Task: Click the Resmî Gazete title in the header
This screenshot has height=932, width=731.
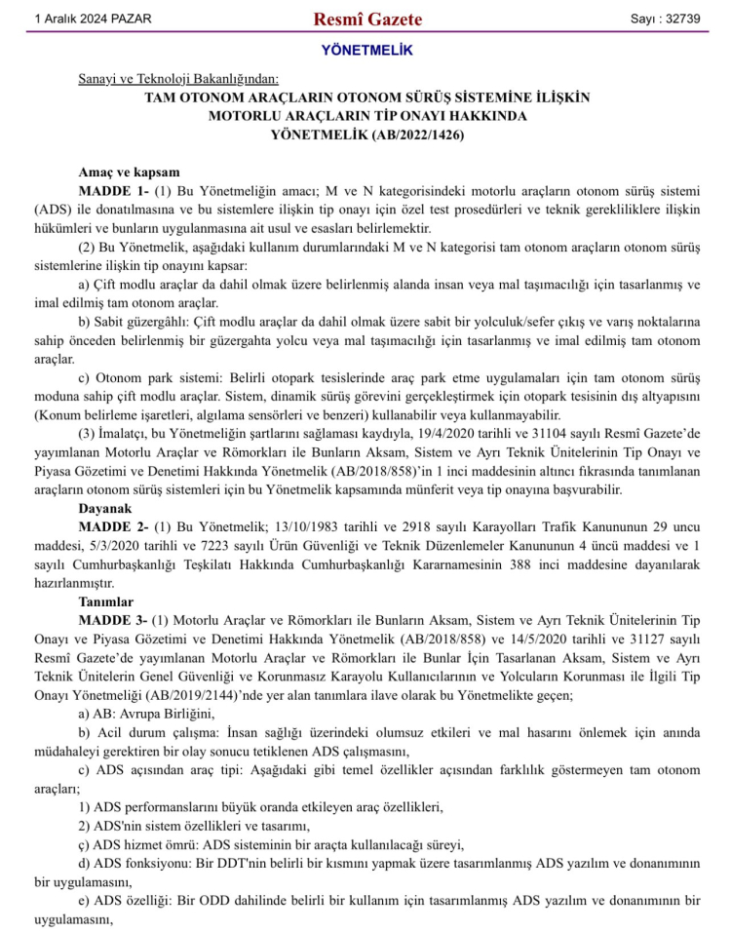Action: [x=366, y=19]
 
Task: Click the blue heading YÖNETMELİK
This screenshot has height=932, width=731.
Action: [x=366, y=51]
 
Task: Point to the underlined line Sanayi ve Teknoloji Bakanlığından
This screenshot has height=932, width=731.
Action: [x=178, y=78]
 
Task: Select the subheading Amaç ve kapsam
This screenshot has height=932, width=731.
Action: [x=129, y=172]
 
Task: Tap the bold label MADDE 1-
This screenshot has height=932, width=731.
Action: [x=113, y=190]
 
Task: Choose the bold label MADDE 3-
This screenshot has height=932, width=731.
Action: [x=113, y=621]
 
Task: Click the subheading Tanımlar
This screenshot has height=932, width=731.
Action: [x=107, y=602]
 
